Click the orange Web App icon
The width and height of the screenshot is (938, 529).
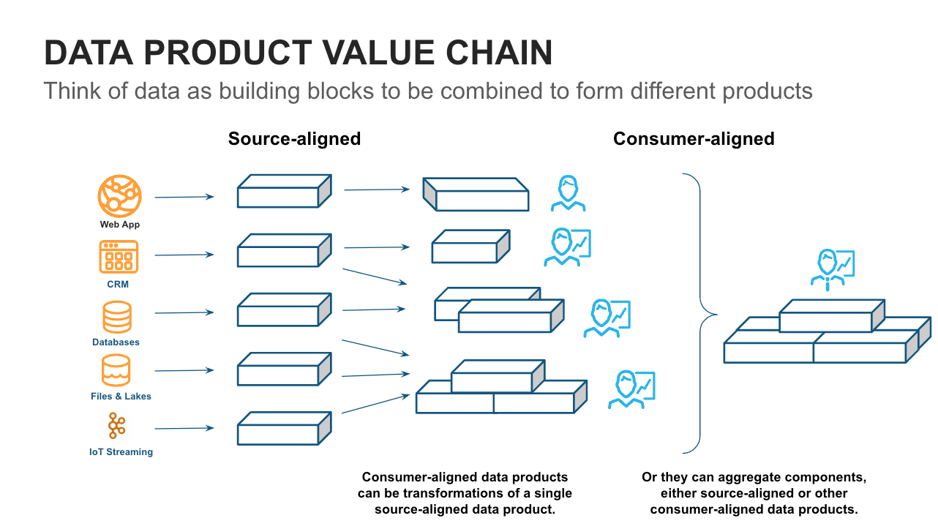click(119, 195)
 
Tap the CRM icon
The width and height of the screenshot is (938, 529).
click(118, 257)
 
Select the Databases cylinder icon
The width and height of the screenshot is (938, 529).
click(117, 318)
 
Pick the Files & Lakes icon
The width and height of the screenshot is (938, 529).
click(117, 371)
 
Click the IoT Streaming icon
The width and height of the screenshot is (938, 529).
click(117, 426)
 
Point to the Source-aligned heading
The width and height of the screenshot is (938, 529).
click(294, 139)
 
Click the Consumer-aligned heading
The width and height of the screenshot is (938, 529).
click(693, 139)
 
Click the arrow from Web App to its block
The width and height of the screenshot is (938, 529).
click(184, 197)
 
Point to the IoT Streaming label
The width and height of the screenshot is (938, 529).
click(121, 452)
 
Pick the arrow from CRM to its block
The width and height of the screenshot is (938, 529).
click(184, 255)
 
